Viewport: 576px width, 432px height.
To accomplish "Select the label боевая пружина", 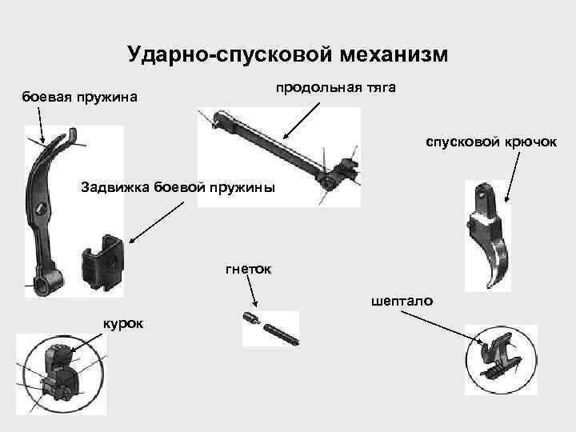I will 79,98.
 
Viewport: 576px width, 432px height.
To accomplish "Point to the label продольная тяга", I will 336,86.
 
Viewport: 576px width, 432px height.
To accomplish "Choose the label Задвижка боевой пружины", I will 177,188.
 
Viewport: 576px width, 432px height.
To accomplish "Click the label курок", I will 123,322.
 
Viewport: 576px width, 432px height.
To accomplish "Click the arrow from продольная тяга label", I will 305,120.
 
